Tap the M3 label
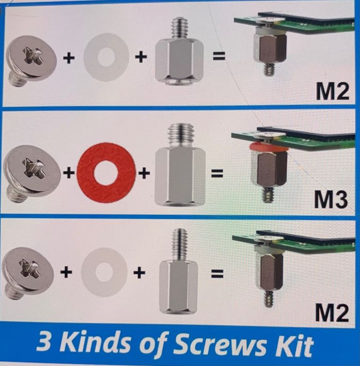click(x=330, y=199)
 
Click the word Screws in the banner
click(x=220, y=343)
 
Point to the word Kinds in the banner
click(x=96, y=343)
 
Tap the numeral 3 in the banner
click(x=44, y=342)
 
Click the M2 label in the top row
click(x=332, y=91)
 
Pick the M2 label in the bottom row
click(x=332, y=313)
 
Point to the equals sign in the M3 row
click(x=217, y=174)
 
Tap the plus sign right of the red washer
click(x=144, y=173)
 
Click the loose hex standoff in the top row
click(x=180, y=52)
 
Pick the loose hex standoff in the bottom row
click(x=179, y=271)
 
